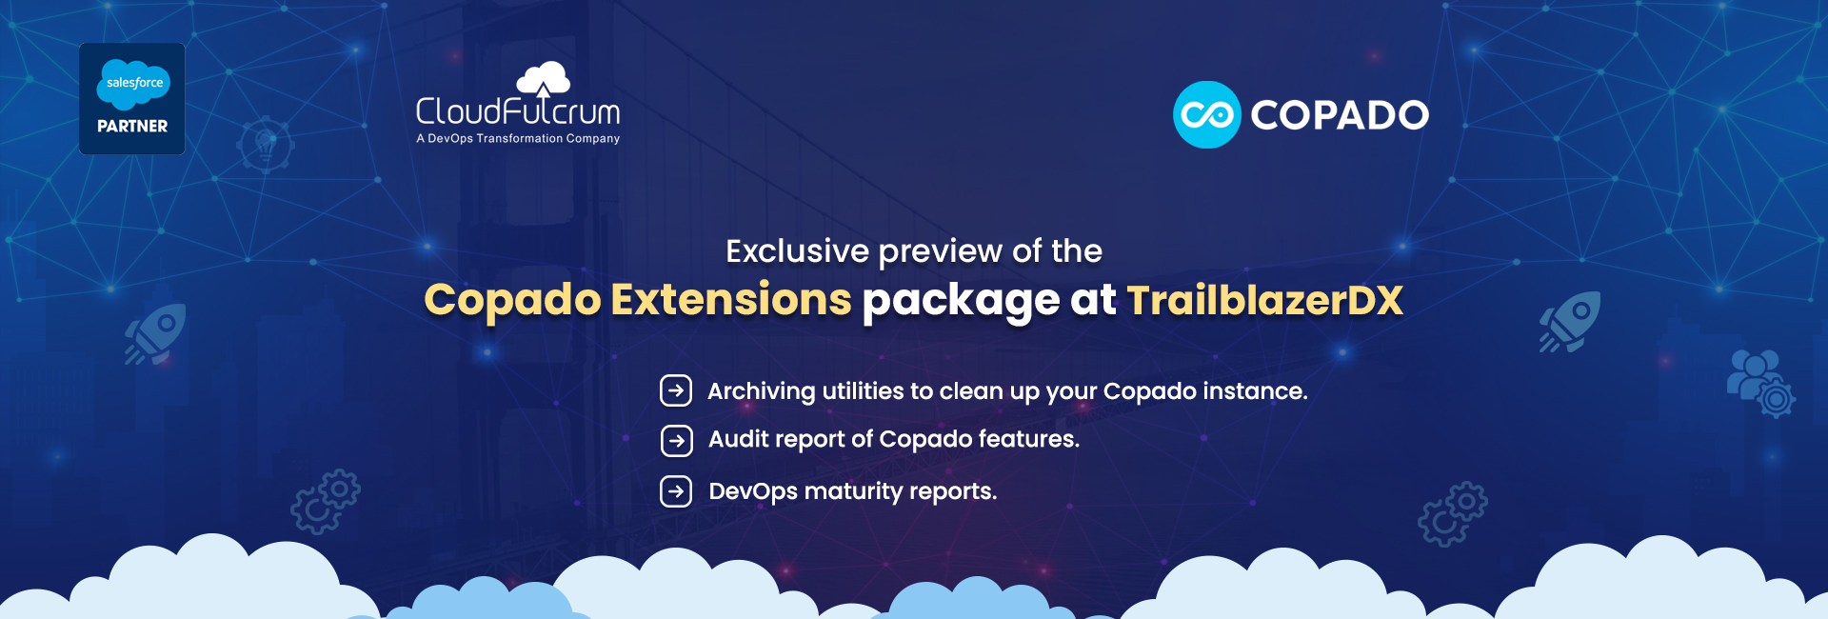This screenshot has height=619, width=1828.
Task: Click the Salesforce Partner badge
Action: pos(132,99)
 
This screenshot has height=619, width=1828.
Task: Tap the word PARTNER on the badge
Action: pos(132,126)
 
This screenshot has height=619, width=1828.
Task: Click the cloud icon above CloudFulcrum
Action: pos(543,79)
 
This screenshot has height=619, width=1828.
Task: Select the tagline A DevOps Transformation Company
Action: pos(518,139)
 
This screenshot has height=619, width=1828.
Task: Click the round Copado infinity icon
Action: pos(1207,114)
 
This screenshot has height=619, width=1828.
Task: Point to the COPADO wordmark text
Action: pos(1340,115)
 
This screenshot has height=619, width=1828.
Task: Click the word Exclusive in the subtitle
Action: pos(798,250)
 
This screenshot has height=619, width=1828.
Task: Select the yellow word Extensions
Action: pos(731,299)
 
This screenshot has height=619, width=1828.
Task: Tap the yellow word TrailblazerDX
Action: pos(1265,300)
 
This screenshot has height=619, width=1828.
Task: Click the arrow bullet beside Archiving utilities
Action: pos(676,390)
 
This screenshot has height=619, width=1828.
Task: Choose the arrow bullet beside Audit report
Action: pos(676,441)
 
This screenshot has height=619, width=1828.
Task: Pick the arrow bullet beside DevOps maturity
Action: pos(676,491)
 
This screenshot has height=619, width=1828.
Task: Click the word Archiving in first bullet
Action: pos(762,391)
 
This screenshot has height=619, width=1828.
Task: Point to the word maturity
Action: pos(853,492)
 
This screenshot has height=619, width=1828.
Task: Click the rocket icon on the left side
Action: pos(155,334)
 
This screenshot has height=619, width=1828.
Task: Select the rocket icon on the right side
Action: pos(1570,322)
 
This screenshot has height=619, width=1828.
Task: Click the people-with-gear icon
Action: pos(1761,384)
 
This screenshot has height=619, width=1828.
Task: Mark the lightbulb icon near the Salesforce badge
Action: pos(266,143)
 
